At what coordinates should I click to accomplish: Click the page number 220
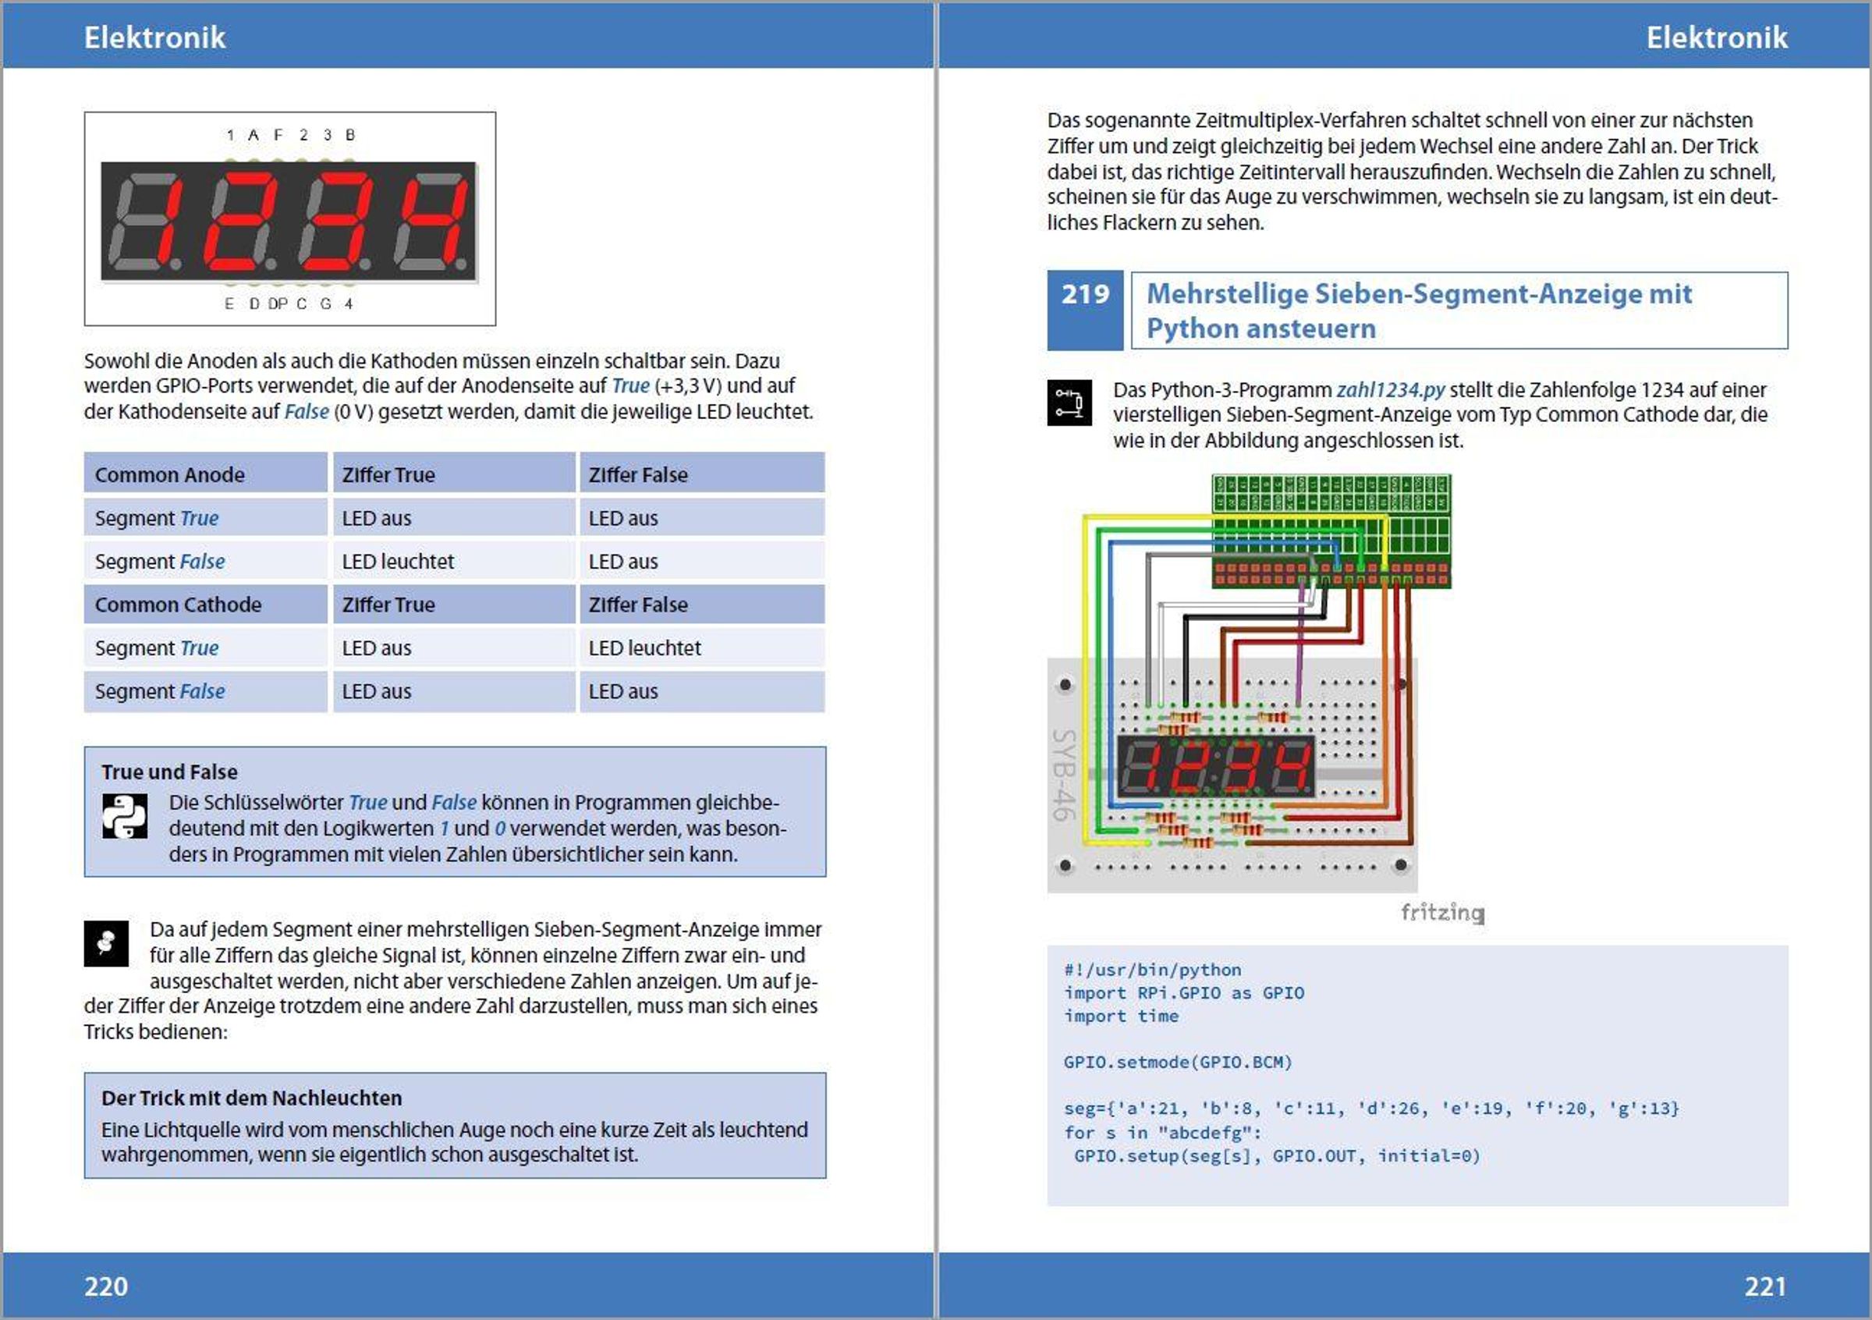click(x=106, y=1286)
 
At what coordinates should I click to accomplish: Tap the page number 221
click(x=1765, y=1286)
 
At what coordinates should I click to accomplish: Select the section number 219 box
click(x=1084, y=310)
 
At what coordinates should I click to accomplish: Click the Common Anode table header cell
click(x=205, y=474)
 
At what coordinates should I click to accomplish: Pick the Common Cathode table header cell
click(x=205, y=604)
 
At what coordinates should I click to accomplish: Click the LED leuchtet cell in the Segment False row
click(x=398, y=561)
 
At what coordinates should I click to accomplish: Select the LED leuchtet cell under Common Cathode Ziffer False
click(x=644, y=648)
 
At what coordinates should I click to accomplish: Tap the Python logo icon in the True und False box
click(x=125, y=816)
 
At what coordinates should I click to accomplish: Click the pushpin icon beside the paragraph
click(x=106, y=943)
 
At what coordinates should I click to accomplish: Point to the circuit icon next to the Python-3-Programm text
click(x=1069, y=402)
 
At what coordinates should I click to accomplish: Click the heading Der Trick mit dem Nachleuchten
click(x=251, y=1098)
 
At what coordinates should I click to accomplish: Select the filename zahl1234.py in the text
click(x=1390, y=390)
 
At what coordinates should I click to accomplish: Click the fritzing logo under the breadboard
click(x=1441, y=911)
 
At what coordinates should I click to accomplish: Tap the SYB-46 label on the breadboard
click(x=1064, y=774)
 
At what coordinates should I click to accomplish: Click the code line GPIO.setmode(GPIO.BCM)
click(x=1177, y=1062)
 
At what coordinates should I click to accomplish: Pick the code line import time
click(x=1120, y=1016)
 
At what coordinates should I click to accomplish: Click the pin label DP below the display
click(x=277, y=303)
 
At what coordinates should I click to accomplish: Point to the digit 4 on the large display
click(x=433, y=222)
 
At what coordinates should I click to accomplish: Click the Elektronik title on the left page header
click(x=155, y=37)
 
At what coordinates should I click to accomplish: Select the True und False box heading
click(x=169, y=772)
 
